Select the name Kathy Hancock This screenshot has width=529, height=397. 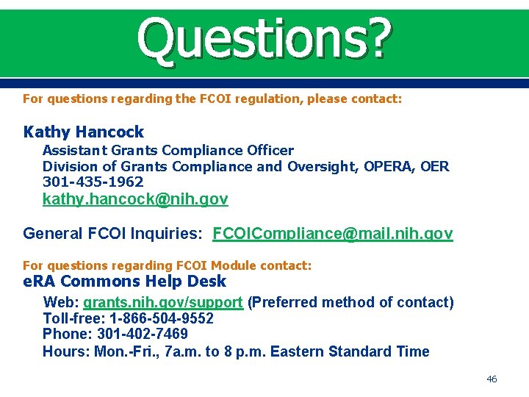(x=84, y=132)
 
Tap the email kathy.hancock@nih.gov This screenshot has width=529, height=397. (x=135, y=199)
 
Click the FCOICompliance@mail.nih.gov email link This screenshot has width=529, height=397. (x=332, y=234)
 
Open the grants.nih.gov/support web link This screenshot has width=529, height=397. (x=162, y=302)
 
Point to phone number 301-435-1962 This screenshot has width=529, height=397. (x=93, y=182)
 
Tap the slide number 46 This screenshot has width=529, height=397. (x=492, y=379)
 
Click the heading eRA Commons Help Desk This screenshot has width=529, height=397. (x=125, y=282)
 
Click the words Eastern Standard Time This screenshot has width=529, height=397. (x=350, y=351)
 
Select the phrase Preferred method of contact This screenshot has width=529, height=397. (x=350, y=302)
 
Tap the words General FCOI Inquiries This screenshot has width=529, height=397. (x=111, y=234)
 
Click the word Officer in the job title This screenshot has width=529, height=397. (x=270, y=150)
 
